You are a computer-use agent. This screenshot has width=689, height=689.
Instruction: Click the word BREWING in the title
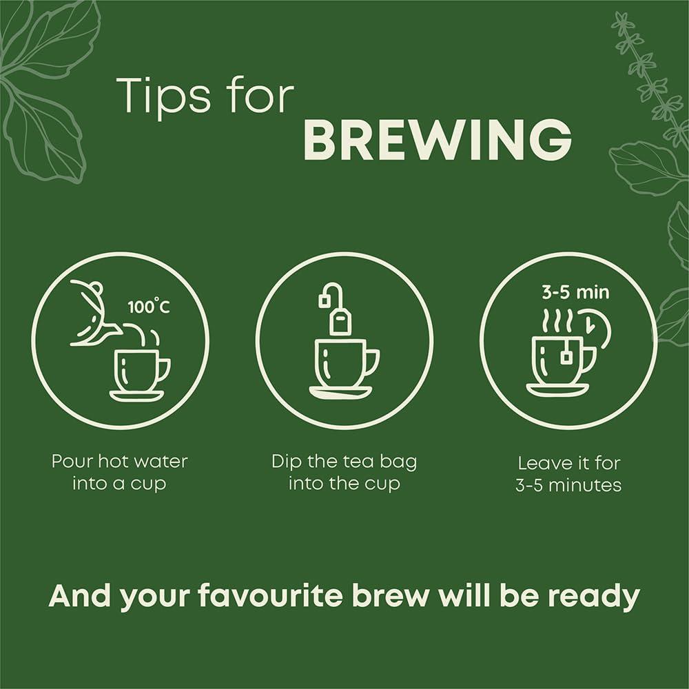438,139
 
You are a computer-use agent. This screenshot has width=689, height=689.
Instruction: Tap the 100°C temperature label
149,306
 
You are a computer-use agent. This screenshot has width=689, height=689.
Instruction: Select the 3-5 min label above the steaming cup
575,292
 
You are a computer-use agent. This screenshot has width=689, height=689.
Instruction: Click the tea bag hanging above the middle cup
340,320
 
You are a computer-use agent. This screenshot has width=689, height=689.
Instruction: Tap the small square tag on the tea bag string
325,300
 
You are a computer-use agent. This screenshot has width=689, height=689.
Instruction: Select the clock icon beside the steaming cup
594,327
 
